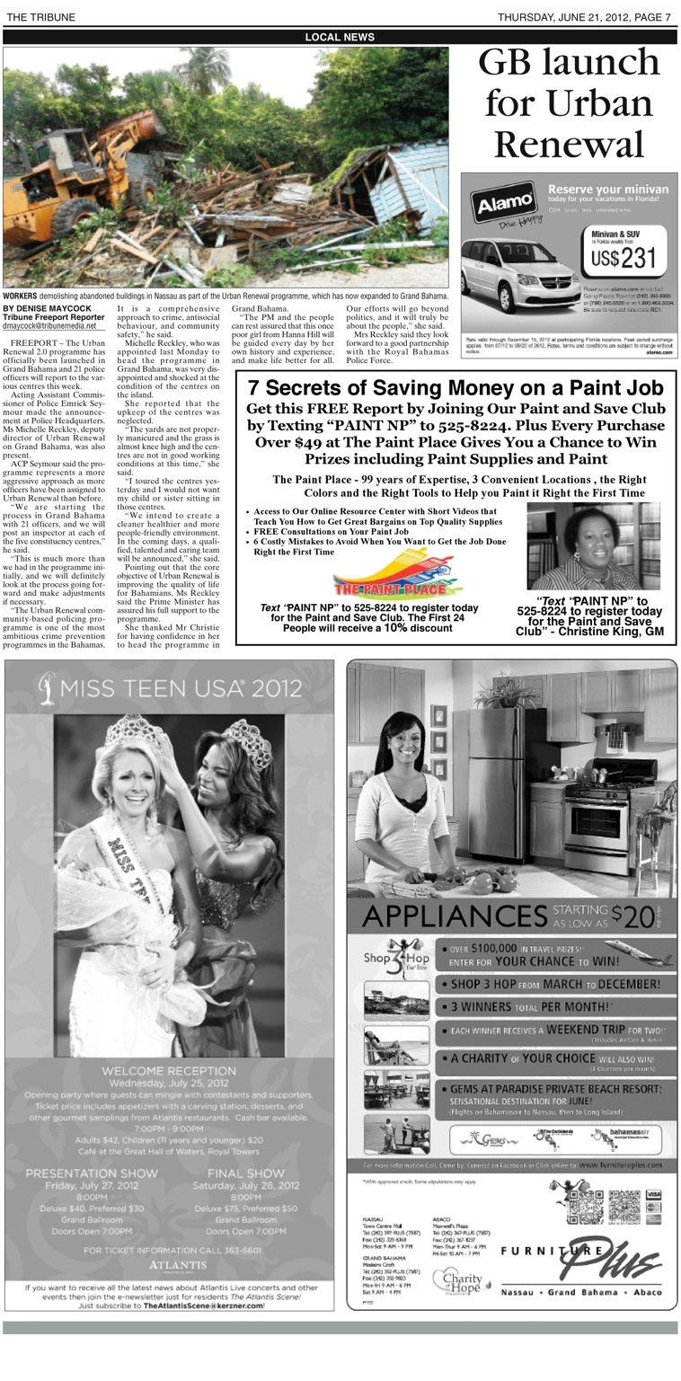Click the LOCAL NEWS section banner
click(x=340, y=37)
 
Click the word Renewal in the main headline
click(x=568, y=144)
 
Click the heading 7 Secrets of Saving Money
click(x=455, y=388)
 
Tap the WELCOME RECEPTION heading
click(x=170, y=1071)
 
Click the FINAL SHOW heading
click(x=246, y=1173)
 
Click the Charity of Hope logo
click(x=458, y=1279)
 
